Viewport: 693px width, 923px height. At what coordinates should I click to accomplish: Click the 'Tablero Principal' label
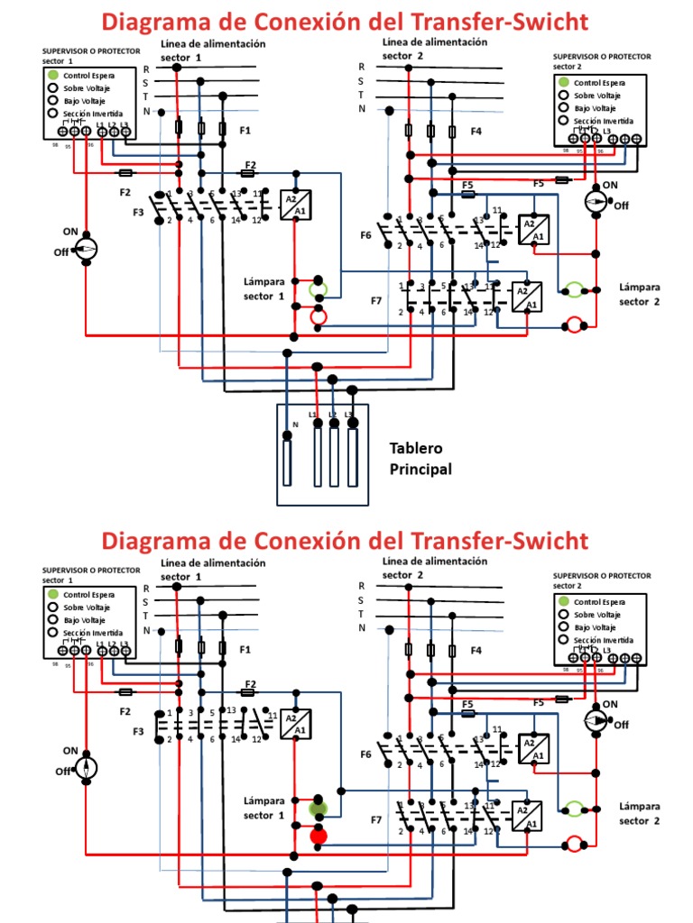pyautogui.click(x=420, y=458)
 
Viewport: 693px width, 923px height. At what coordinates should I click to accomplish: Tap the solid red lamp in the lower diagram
pyautogui.click(x=319, y=836)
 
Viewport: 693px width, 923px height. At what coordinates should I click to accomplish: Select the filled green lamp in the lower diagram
pyautogui.click(x=317, y=808)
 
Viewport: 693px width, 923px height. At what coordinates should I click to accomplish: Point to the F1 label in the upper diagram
pyautogui.click(x=245, y=131)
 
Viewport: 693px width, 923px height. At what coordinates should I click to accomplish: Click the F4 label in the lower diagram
pyautogui.click(x=476, y=650)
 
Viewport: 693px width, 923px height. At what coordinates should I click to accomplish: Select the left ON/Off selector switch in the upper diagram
pyautogui.click(x=85, y=250)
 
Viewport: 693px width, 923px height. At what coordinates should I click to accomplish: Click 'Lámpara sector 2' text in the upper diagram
pyautogui.click(x=639, y=294)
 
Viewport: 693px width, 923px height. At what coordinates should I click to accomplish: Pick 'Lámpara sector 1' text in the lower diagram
pyautogui.click(x=263, y=808)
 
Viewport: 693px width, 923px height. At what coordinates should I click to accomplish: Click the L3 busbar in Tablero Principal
pyautogui.click(x=353, y=457)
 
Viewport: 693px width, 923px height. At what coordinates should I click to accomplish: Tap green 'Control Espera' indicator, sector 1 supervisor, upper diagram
pyautogui.click(x=54, y=76)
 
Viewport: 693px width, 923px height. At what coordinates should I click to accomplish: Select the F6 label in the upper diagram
pyautogui.click(x=365, y=235)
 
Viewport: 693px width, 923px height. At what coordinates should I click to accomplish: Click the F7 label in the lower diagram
pyautogui.click(x=376, y=819)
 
